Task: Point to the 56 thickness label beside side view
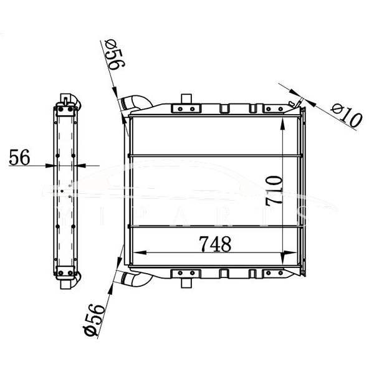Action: coord(20,158)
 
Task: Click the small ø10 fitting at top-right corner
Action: coord(294,102)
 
